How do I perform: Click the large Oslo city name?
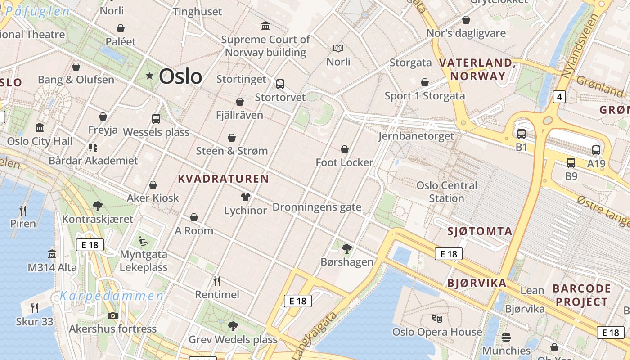pos(180,76)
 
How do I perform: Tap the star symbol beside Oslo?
pos(149,76)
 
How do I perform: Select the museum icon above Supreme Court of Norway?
pos(265,26)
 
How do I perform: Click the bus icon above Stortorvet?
pos(280,84)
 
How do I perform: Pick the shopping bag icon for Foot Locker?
pos(345,149)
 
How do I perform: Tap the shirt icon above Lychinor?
pos(246,197)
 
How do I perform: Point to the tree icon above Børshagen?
pos(346,248)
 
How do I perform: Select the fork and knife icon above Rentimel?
pos(217,281)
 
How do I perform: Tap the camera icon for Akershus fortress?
pos(112,315)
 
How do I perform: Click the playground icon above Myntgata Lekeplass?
pos(144,241)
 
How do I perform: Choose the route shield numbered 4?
pos(559,96)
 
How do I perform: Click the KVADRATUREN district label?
pos(223,179)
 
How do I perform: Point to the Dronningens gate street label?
pos(317,207)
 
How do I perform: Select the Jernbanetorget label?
pos(416,136)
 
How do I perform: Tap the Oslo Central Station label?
pos(446,192)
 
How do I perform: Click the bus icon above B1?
pos(521,134)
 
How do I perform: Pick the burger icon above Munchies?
pos(506,337)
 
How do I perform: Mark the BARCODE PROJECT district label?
pos(581,295)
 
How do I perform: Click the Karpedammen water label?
pos(112,296)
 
